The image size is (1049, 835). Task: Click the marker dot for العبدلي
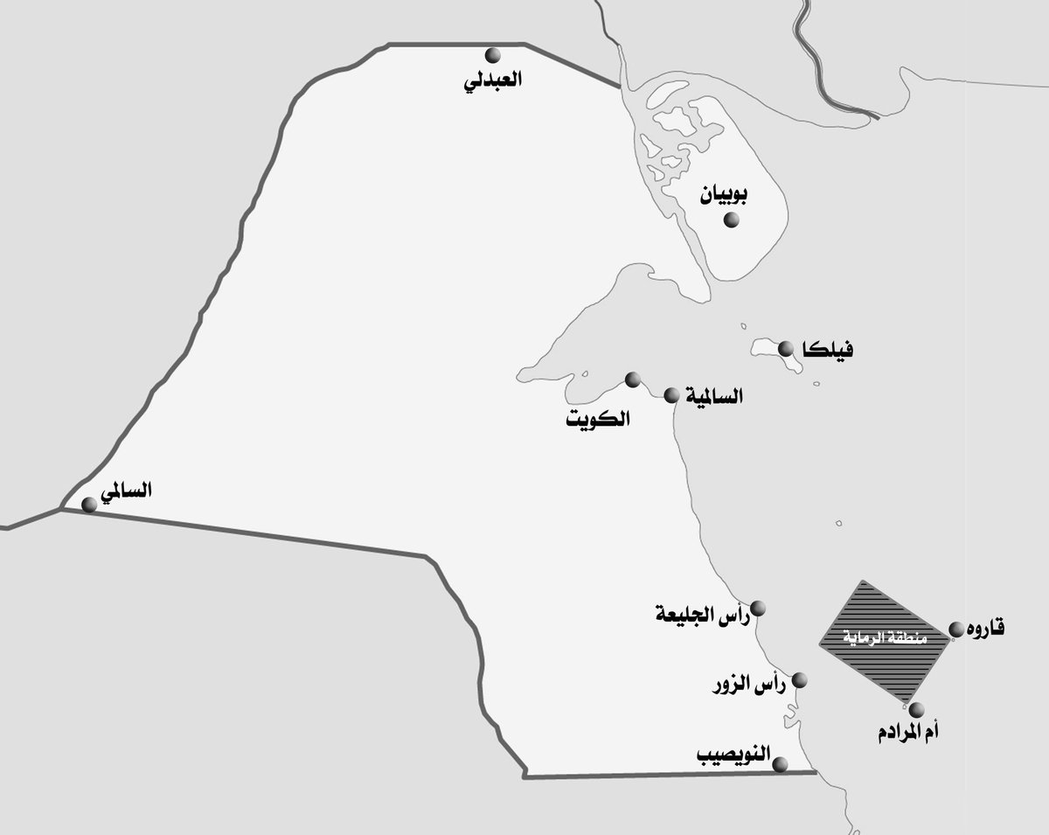[x=494, y=55]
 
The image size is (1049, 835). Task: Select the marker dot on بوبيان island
[x=731, y=219]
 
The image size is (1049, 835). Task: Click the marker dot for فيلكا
[x=786, y=347]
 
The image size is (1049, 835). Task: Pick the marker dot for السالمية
[x=671, y=395]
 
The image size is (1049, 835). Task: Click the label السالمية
[x=710, y=396]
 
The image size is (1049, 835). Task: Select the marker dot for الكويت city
[x=633, y=379]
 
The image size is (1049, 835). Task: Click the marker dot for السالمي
[x=88, y=504]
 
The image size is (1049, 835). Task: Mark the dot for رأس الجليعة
[x=759, y=608]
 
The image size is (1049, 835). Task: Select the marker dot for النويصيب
[x=781, y=763]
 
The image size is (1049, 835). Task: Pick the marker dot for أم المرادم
[x=915, y=709]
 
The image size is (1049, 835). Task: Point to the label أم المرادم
[x=914, y=733]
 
